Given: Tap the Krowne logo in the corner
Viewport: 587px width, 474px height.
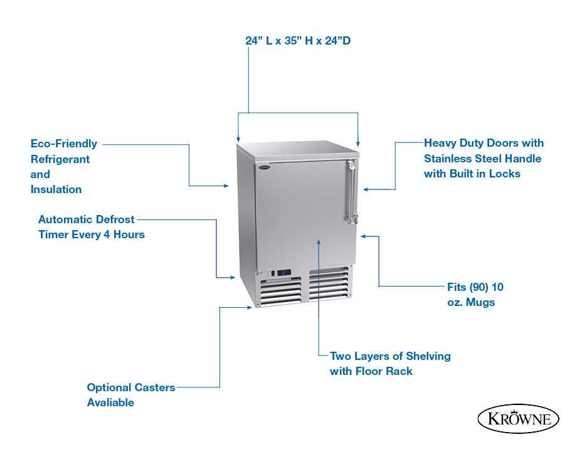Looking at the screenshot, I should coord(518,419).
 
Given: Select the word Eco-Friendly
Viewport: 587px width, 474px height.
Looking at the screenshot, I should coord(64,144).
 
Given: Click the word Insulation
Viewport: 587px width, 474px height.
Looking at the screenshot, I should coord(56,189).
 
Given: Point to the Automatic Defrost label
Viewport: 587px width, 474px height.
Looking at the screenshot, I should coord(86,219).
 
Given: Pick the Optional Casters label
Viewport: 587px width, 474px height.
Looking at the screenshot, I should coord(131,387).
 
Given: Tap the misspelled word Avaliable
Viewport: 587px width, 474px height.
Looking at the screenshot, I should coord(110,403).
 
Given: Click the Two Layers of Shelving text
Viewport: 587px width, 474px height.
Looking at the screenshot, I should coord(390,356).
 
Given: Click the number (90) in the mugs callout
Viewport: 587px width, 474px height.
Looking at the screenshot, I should coord(478,287).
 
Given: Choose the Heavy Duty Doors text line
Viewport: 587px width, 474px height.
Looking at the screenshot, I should coord(484,143).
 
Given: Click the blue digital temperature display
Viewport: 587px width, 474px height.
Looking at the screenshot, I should coord(283,273).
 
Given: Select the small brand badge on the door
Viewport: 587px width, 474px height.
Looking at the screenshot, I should coord(264,167).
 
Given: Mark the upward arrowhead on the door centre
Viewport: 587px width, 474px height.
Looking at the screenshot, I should coord(319,242).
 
